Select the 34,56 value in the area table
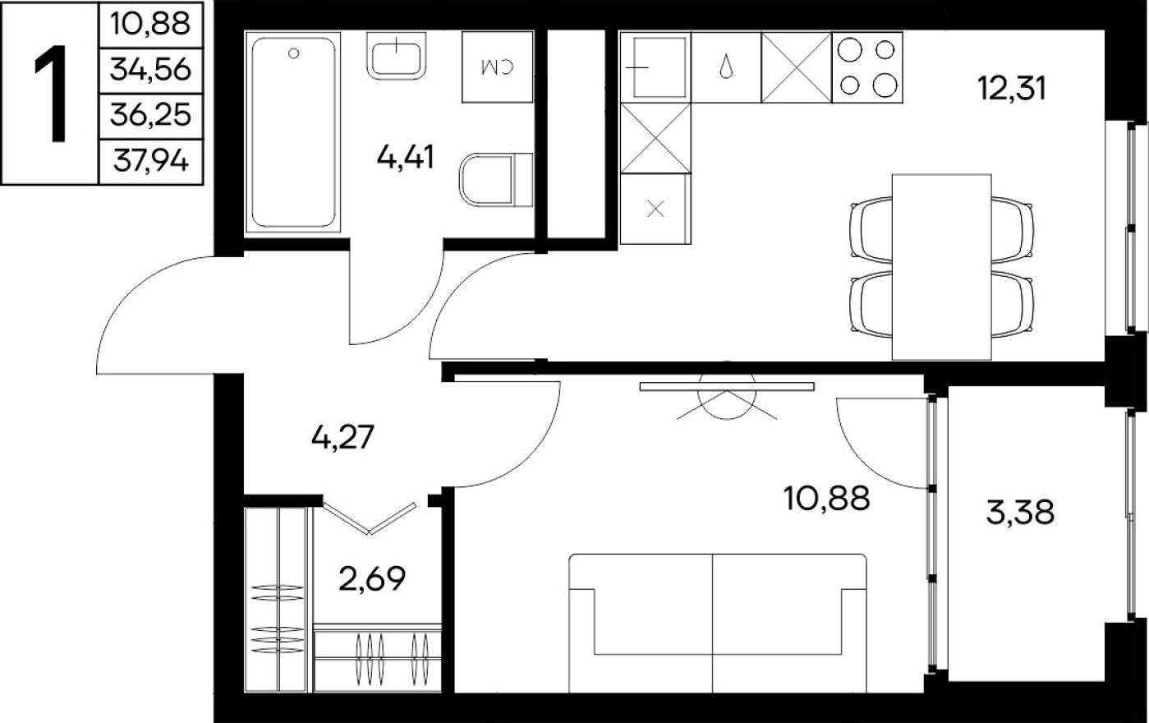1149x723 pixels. click(x=149, y=71)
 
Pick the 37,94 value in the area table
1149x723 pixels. click(x=149, y=161)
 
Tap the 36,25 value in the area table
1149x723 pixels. click(x=149, y=116)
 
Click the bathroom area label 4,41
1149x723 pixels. click(x=405, y=156)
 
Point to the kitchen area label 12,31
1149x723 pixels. click(x=1012, y=86)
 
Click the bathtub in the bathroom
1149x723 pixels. click(x=294, y=131)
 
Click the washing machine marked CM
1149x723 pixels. click(x=498, y=67)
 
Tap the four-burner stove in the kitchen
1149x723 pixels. click(x=867, y=67)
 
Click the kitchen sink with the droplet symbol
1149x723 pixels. click(x=726, y=67)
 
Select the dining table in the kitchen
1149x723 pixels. click(x=940, y=267)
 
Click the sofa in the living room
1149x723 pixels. click(x=717, y=622)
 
